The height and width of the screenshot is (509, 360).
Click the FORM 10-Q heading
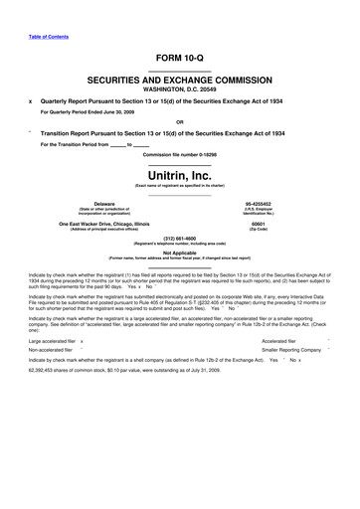click(x=179, y=58)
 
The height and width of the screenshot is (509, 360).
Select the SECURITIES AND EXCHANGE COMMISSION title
click(x=179, y=76)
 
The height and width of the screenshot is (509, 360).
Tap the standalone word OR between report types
click(x=179, y=123)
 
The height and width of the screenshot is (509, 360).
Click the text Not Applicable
click(x=179, y=253)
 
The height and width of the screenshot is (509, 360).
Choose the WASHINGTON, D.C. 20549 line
click(x=179, y=85)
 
